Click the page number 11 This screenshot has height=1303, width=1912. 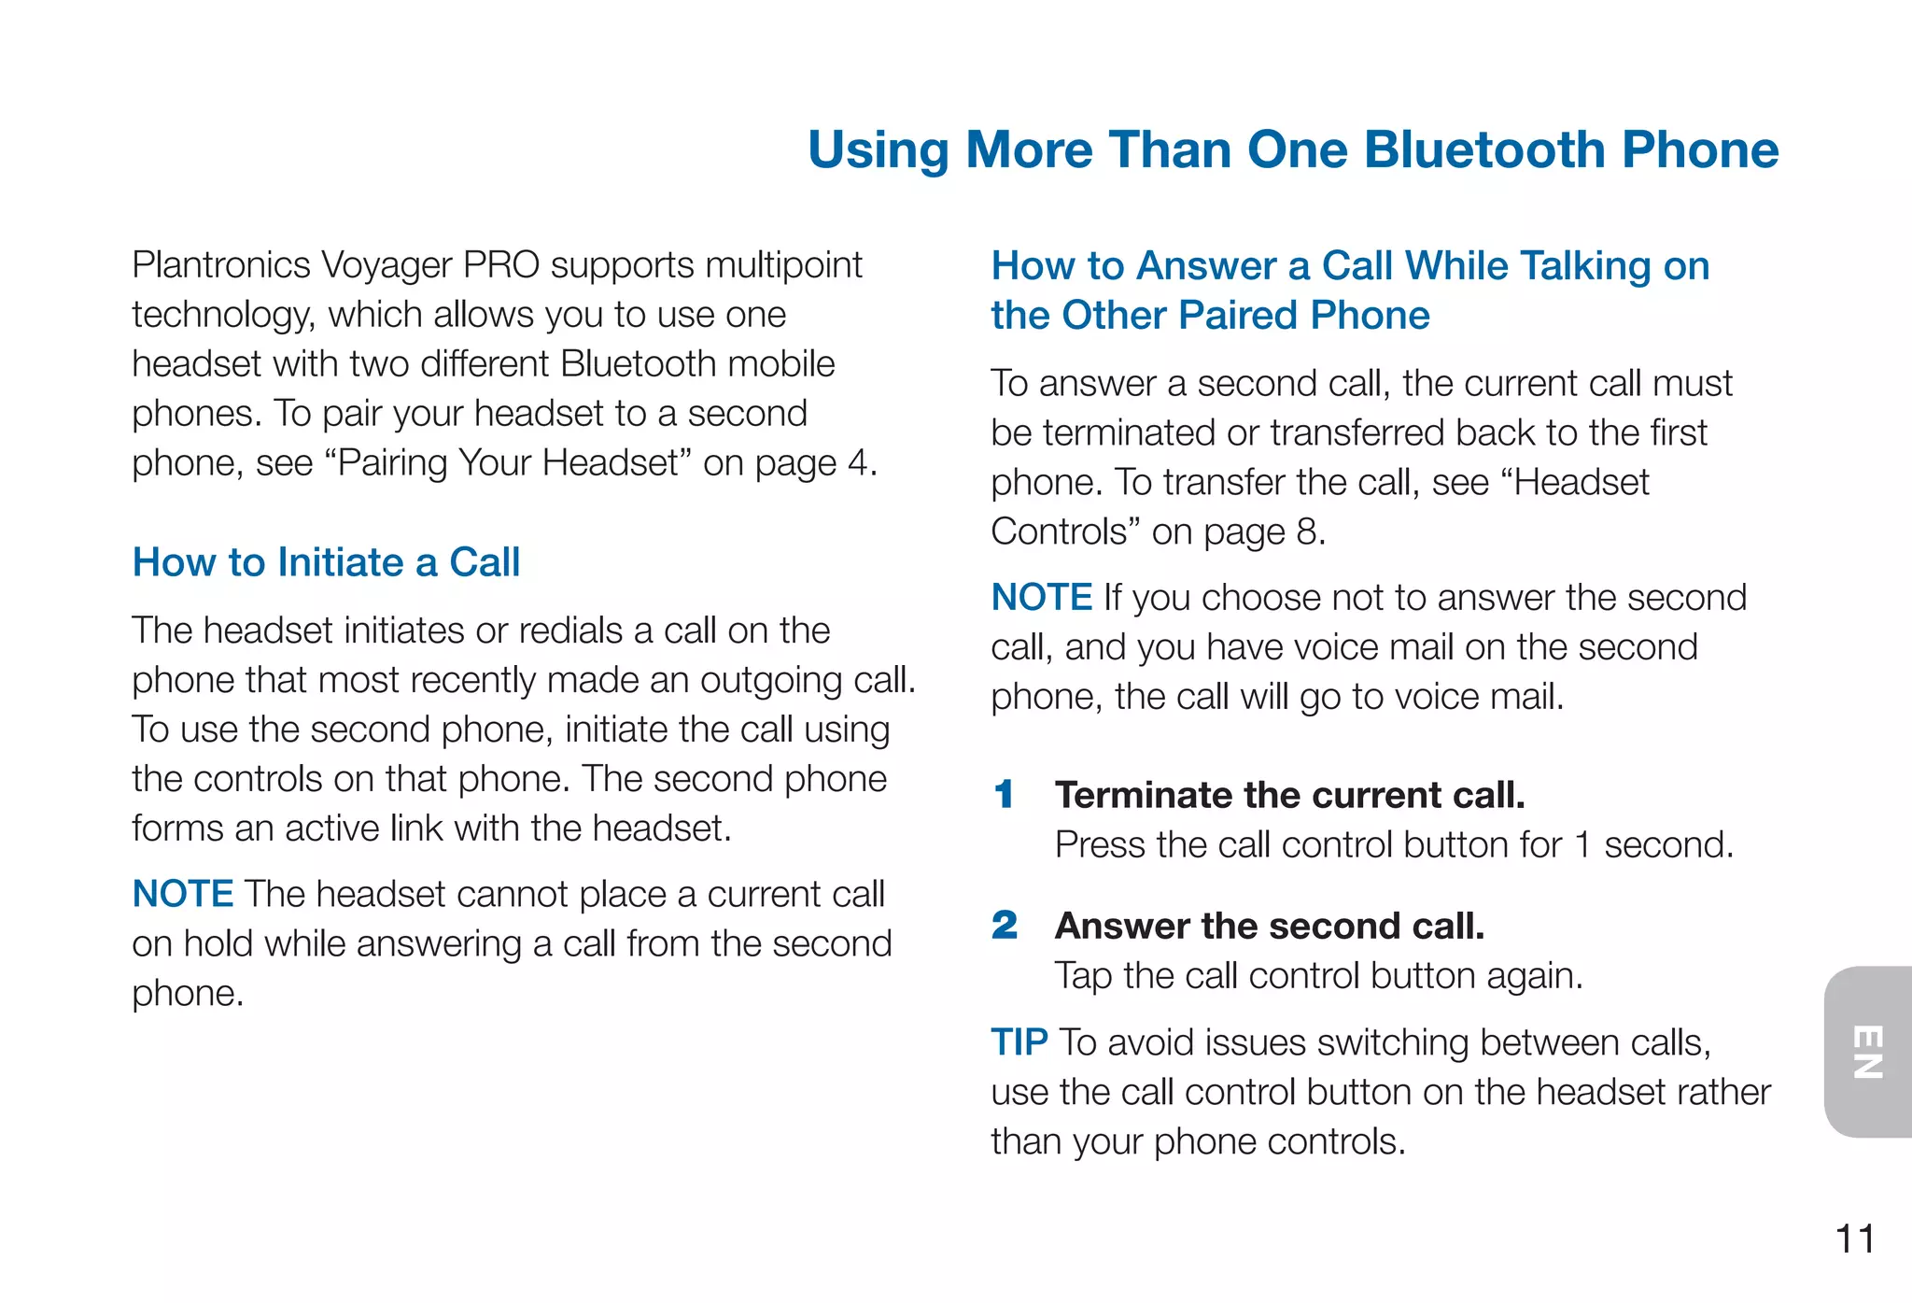pyautogui.click(x=1854, y=1239)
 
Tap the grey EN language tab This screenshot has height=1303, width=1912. pyautogui.click(x=1868, y=1052)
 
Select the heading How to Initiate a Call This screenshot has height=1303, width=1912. pyautogui.click(x=326, y=562)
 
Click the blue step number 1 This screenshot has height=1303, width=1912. pyautogui.click(x=1005, y=795)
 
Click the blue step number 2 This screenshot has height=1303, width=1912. pyautogui.click(x=1005, y=926)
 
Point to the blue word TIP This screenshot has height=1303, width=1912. pyautogui.click(x=1019, y=1042)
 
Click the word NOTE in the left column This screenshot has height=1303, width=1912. pyautogui.click(x=182, y=894)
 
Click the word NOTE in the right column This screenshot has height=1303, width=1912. pyautogui.click(x=1041, y=597)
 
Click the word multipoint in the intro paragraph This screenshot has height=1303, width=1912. pyautogui.click(x=784, y=265)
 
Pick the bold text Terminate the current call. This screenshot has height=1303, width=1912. pyautogui.click(x=1289, y=795)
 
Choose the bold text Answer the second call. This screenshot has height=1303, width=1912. pyautogui.click(x=1269, y=926)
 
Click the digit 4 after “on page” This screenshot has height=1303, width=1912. pyautogui.click(x=857, y=463)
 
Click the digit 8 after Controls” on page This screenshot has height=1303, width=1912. pyautogui.click(x=1305, y=531)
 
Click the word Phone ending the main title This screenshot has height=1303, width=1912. pyautogui.click(x=1700, y=149)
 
